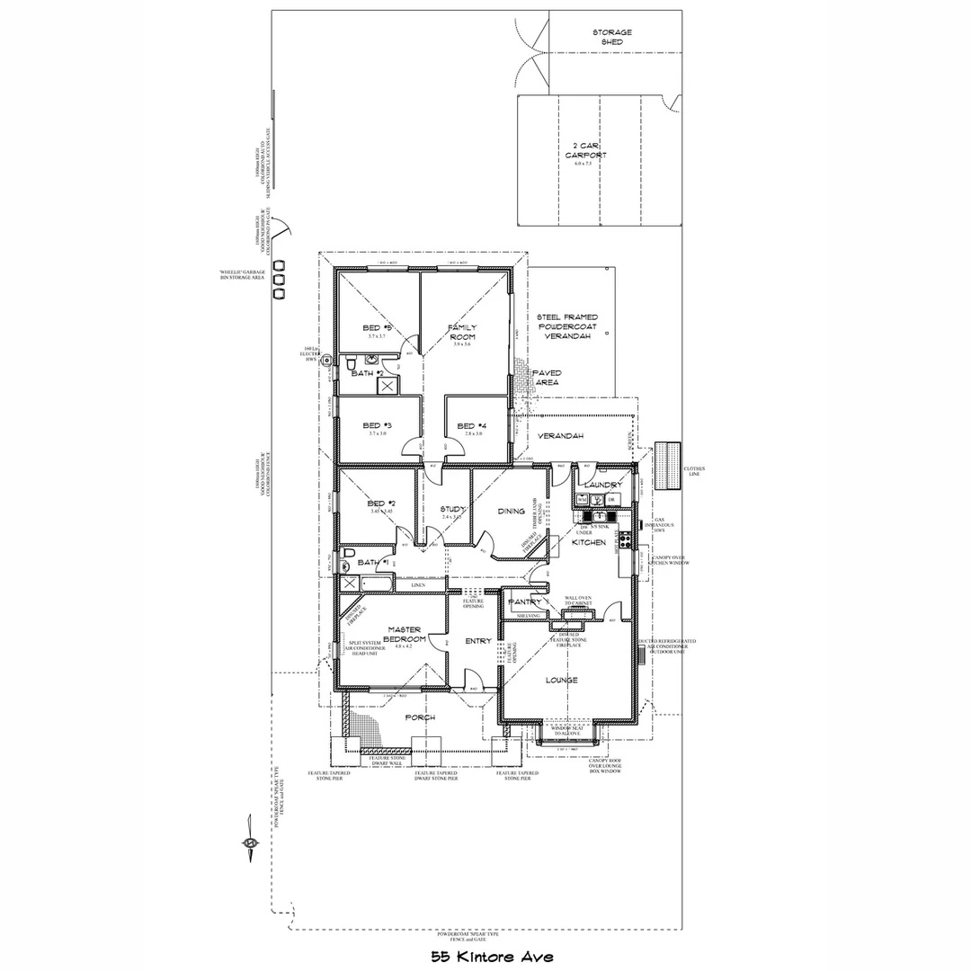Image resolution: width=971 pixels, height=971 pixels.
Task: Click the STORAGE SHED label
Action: click(611, 37)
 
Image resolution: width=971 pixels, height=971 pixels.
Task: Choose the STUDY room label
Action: click(451, 509)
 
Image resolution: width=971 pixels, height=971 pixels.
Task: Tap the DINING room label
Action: click(512, 511)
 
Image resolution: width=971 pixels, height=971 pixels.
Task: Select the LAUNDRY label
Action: click(603, 485)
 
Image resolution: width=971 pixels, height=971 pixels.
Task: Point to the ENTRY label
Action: click(478, 641)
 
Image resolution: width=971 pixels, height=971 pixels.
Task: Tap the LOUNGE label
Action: click(561, 680)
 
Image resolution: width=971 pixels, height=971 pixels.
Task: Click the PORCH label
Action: click(420, 717)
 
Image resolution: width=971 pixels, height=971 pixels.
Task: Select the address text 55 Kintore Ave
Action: click(491, 956)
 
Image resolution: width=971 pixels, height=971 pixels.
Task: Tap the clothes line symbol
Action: click(668, 467)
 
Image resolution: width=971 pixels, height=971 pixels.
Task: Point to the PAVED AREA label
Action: click(547, 377)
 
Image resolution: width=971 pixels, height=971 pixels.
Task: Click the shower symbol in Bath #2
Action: click(388, 386)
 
